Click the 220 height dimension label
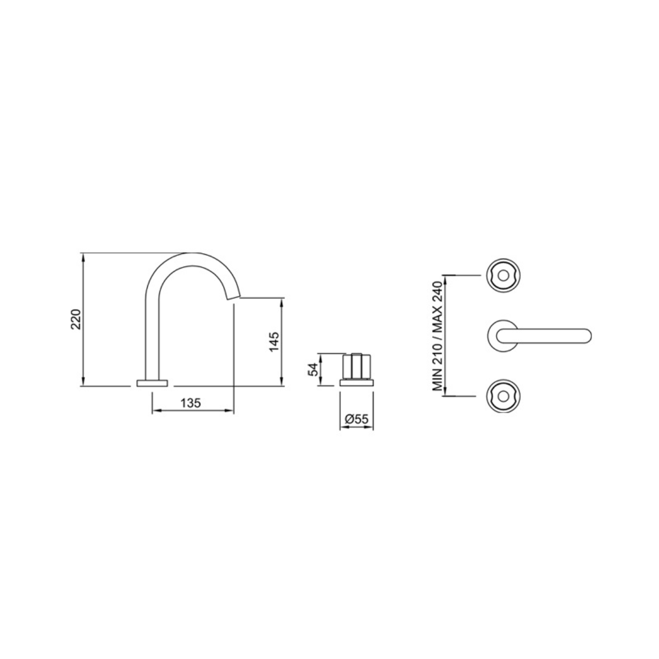tap(76, 319)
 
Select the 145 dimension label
tap(274, 342)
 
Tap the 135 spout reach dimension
tap(191, 403)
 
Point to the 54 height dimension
tap(314, 370)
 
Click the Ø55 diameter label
tap(357, 419)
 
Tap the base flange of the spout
tap(152, 383)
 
